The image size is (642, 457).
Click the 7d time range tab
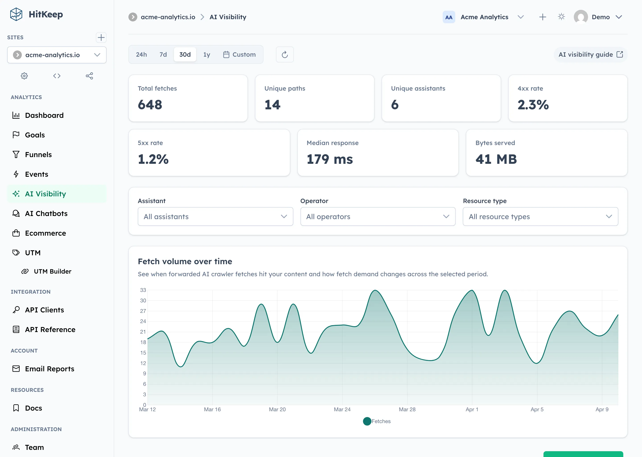[163, 55]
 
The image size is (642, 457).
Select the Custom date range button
[239, 55]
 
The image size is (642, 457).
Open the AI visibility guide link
[590, 55]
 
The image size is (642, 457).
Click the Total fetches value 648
[150, 105]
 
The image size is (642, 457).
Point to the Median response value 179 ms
[329, 159]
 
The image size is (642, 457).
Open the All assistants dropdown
[215, 216]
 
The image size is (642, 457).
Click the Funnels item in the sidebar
[38, 154]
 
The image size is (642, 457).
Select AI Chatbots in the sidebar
[46, 214]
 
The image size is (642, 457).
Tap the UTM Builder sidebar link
[52, 271]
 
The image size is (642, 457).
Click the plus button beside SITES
[101, 37]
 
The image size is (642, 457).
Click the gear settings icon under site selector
[25, 76]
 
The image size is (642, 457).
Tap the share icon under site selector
[89, 76]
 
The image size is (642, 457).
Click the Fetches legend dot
[367, 421]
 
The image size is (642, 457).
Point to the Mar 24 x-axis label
[342, 409]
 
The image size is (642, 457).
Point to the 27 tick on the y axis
[143, 311]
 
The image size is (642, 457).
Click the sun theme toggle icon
[561, 17]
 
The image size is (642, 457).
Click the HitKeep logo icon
[16, 14]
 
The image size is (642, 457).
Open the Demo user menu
[600, 17]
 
